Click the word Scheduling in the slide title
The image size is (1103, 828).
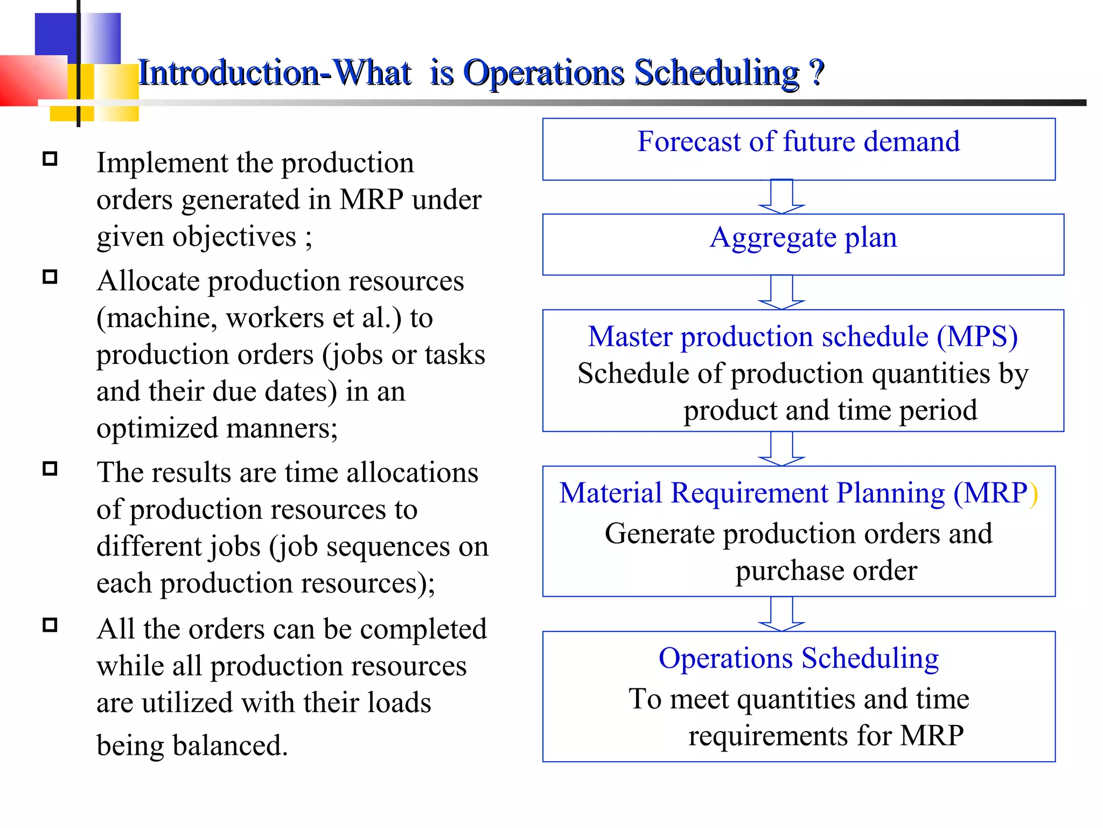[717, 73]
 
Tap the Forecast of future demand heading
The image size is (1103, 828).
[798, 142]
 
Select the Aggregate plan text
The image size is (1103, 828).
[803, 237]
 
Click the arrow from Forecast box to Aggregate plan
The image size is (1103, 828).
[781, 197]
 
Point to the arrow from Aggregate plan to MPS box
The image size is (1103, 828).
[781, 292]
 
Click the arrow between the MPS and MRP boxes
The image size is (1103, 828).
[781, 448]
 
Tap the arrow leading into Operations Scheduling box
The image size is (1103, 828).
[781, 614]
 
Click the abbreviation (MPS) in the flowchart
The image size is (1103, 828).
[977, 337]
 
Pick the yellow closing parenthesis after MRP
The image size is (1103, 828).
[1034, 494]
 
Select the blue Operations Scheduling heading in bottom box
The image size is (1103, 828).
[799, 658]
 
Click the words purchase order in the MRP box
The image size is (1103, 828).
[826, 570]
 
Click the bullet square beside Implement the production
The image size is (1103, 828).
[50, 159]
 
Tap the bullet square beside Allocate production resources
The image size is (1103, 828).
[50, 277]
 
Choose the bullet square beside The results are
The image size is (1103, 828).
[50, 468]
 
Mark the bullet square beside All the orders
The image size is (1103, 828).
[50, 625]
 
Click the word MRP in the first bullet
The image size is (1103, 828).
[371, 200]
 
